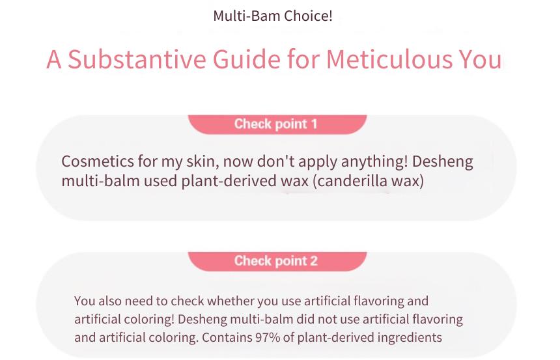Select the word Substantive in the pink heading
[137, 59]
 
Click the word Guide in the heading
[247, 59]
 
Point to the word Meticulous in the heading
[389, 59]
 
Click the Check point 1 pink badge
[277, 124]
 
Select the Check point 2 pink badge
[277, 261]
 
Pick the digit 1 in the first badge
[314, 124]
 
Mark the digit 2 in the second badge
[314, 260]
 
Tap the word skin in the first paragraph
[203, 161]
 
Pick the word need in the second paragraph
[140, 301]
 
